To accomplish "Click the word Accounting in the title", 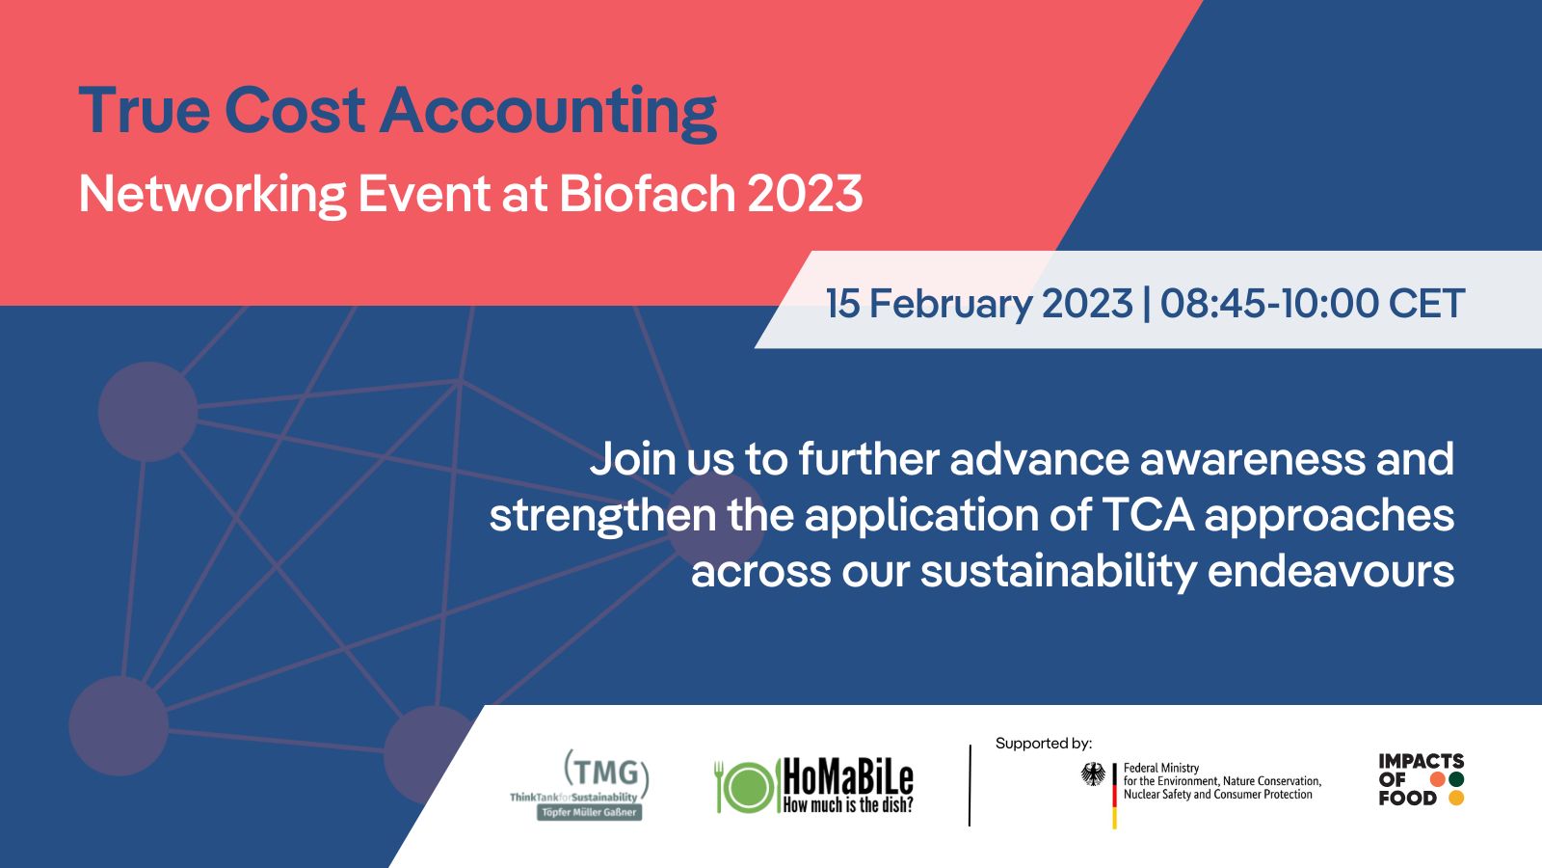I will [548, 112].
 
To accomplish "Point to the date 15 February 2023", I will [979, 304].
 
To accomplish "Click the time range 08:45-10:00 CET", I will [1313, 304].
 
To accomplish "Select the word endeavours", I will [1330, 571].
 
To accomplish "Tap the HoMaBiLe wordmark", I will [847, 775].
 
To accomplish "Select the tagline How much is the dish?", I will [847, 805].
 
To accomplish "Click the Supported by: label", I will [1044, 744].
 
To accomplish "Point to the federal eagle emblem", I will [1093, 774].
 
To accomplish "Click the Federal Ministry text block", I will [1221, 781].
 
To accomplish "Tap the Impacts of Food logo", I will [1421, 779].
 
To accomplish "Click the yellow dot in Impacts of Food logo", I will [1456, 799].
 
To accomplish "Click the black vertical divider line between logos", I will [970, 786].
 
